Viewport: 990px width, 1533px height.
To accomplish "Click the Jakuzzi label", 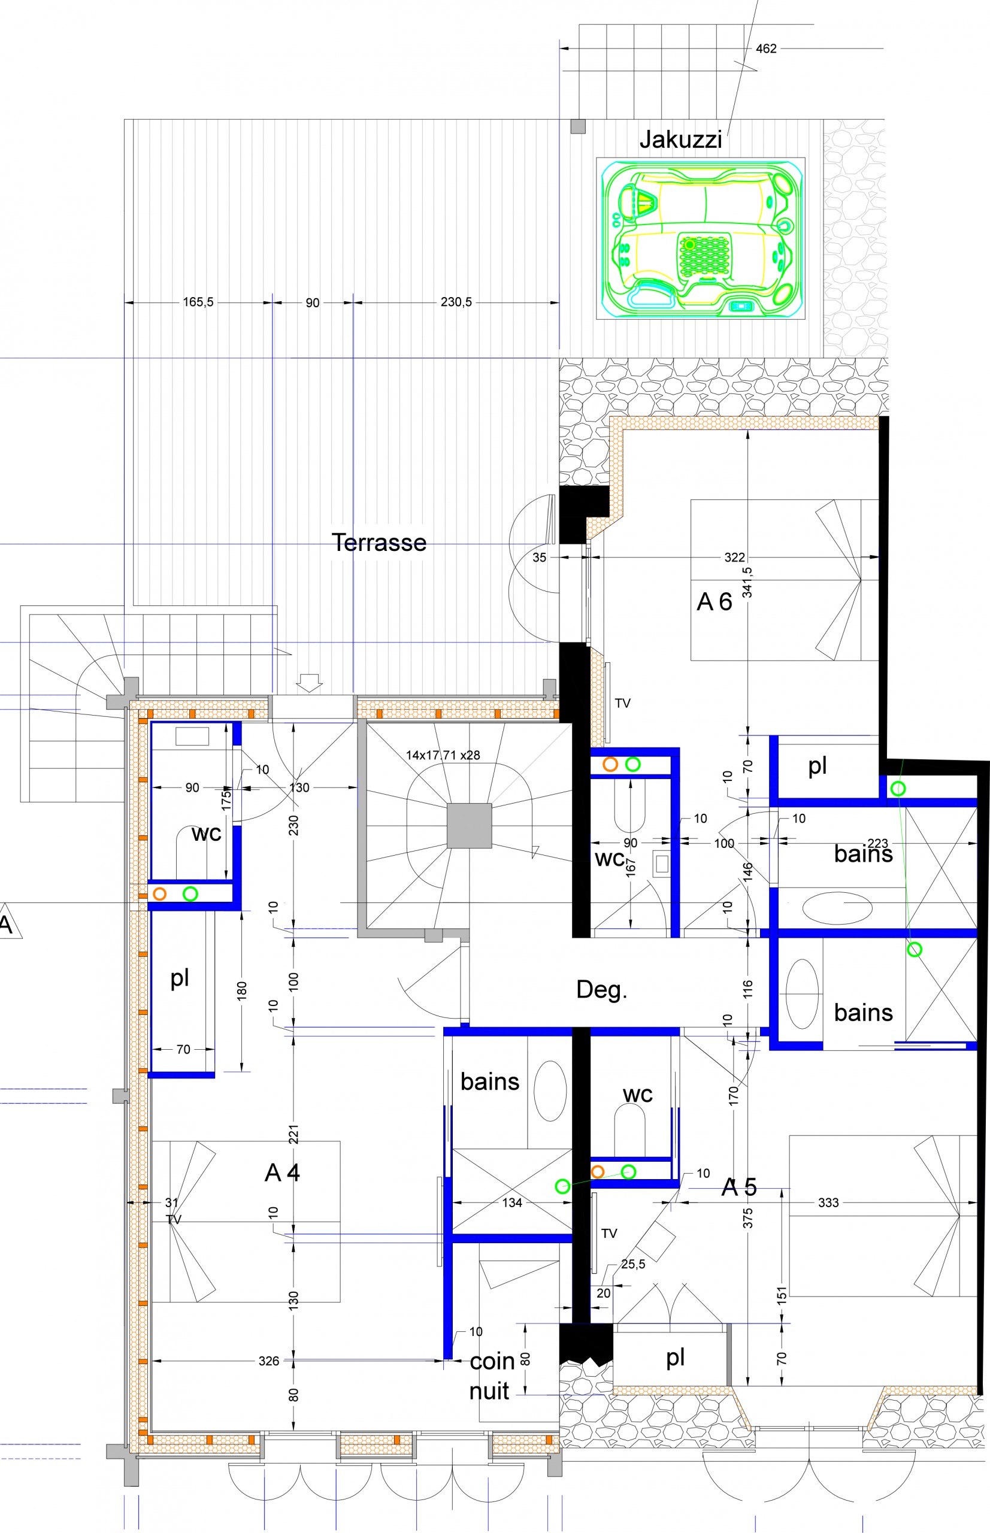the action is tap(680, 140).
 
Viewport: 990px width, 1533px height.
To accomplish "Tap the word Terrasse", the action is tap(379, 543).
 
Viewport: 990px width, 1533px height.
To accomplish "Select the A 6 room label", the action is tap(715, 602).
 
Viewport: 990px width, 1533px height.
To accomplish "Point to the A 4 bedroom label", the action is tap(282, 1173).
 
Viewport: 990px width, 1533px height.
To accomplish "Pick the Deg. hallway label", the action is tap(602, 989).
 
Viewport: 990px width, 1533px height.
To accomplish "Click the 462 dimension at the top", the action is tap(766, 49).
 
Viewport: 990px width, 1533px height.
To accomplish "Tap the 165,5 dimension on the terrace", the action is tap(198, 301).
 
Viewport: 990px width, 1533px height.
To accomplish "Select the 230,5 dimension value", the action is tap(456, 301).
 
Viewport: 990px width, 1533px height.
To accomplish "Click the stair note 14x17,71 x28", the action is tap(443, 755).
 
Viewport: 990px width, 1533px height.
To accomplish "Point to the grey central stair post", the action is tap(470, 825).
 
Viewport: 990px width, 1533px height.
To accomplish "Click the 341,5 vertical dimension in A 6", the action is tap(747, 582).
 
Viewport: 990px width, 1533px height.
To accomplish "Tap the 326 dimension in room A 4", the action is tap(269, 1361).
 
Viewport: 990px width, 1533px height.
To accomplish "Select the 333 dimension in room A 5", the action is tap(829, 1202).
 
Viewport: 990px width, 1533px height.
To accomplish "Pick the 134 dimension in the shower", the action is tap(512, 1202).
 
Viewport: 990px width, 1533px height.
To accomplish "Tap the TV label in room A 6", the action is tap(622, 703).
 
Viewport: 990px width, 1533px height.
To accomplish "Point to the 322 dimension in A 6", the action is tap(735, 558).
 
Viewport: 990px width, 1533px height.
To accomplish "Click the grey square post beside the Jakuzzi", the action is tap(578, 126).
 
